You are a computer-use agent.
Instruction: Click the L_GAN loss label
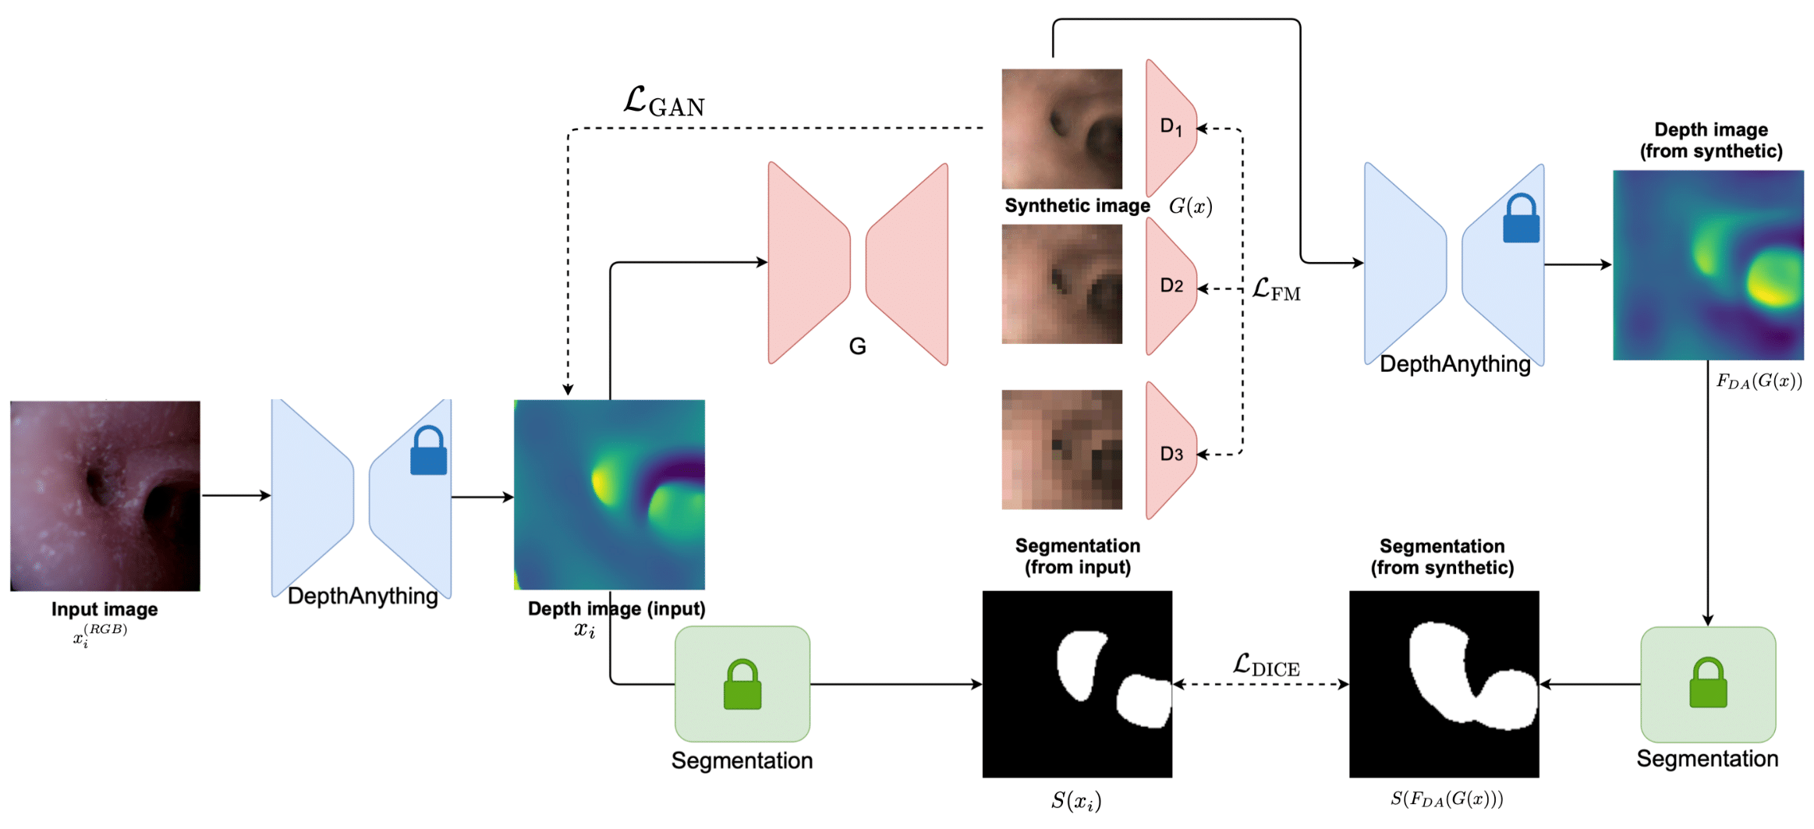click(664, 101)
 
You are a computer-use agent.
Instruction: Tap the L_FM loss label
click(1276, 290)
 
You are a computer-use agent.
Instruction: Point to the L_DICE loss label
click(1266, 665)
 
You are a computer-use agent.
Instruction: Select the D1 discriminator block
click(1170, 127)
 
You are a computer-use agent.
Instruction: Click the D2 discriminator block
click(1170, 286)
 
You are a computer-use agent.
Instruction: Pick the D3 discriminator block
click(1170, 452)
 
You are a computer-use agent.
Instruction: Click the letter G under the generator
click(857, 346)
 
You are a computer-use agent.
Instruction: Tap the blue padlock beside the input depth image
click(428, 452)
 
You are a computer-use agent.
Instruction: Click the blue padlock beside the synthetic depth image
click(1521, 219)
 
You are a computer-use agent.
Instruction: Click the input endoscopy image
click(105, 495)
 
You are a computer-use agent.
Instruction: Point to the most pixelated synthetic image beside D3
click(1061, 450)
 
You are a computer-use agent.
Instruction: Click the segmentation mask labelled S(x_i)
click(1076, 684)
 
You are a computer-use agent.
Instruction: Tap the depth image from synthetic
click(1707, 265)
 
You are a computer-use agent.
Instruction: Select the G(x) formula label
click(1190, 207)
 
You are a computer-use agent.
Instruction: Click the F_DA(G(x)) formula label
click(1759, 381)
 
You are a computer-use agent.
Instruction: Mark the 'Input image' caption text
click(105, 609)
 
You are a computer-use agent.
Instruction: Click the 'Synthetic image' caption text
click(1076, 206)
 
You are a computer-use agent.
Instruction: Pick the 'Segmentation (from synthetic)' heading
click(1442, 557)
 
